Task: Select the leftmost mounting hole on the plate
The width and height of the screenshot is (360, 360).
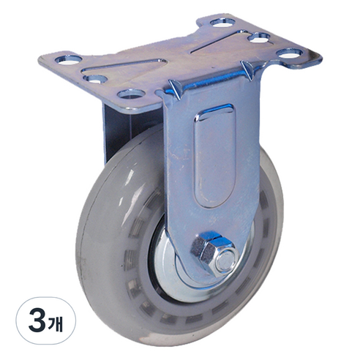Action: coord(69,60)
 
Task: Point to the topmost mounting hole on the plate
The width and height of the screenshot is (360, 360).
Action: coord(222,23)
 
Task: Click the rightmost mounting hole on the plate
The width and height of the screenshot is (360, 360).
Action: coord(290,53)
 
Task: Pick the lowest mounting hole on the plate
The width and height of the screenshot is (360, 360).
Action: coord(131,94)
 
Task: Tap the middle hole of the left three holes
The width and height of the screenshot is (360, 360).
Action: coord(96,79)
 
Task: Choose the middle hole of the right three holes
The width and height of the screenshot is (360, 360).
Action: coord(258,38)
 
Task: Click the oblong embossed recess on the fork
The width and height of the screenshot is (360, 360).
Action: coord(214,156)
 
